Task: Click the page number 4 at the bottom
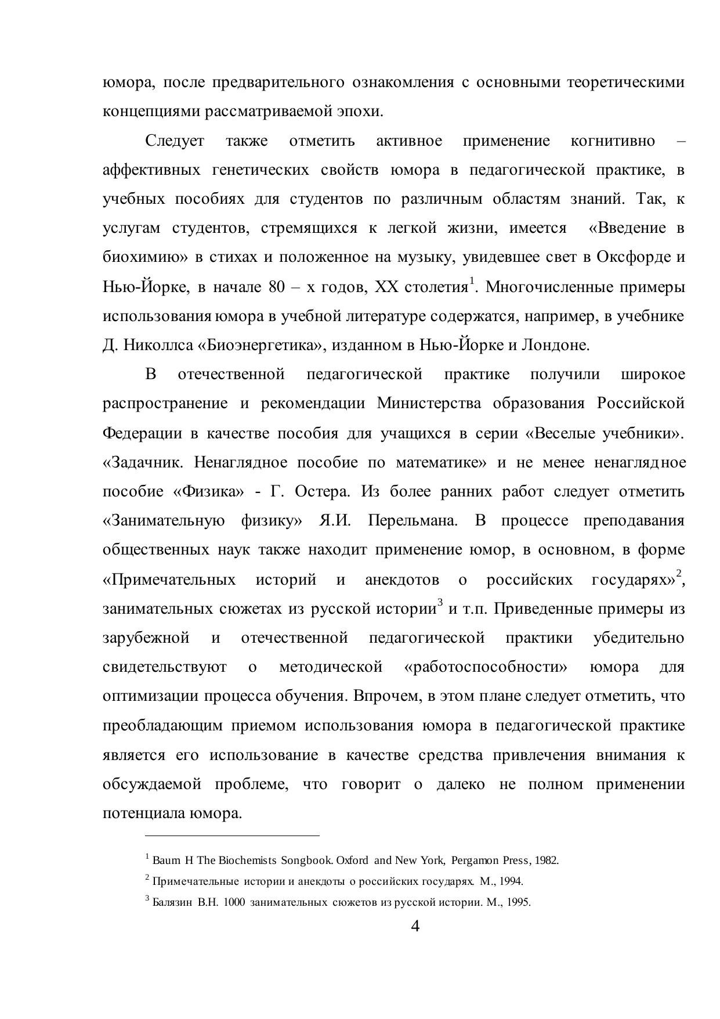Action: pyautogui.click(x=415, y=926)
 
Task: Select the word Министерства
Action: pyautogui.click(x=429, y=403)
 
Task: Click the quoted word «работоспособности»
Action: pyautogui.click(x=485, y=667)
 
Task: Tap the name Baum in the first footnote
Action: pyautogui.click(x=166, y=860)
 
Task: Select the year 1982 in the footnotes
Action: pyautogui.click(x=547, y=860)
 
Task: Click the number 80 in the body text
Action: pyautogui.click(x=276, y=287)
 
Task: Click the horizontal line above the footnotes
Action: pyautogui.click(x=232, y=836)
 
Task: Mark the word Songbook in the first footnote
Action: pyautogui.click(x=308, y=860)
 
